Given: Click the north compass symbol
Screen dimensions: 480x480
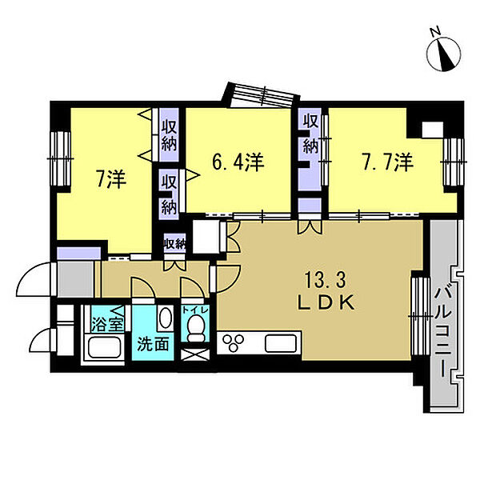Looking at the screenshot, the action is point(443,53).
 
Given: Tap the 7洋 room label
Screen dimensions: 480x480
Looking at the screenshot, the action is point(111,179).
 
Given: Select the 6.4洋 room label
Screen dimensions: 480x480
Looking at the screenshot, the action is point(238,162).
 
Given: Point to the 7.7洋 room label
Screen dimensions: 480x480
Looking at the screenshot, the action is point(387,162).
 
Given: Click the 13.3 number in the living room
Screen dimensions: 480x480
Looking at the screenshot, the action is point(325,280).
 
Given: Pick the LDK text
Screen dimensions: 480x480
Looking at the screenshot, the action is point(326,302).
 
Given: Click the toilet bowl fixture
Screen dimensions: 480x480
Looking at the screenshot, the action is point(194,329).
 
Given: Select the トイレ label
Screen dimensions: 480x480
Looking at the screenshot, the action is point(195,310).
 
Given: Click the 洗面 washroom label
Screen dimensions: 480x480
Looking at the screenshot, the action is point(153,345).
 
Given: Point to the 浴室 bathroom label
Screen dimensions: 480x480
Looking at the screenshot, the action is point(108,324).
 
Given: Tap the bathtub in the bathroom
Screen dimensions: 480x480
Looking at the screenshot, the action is point(104,348).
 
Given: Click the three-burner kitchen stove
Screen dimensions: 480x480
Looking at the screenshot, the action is point(234,342).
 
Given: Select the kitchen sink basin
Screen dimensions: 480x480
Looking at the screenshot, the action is point(281,343).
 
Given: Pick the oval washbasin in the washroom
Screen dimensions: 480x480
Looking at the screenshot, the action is point(166,318).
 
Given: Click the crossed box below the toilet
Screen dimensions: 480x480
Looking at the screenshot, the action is point(195,354).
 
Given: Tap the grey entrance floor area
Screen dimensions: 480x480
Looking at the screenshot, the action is point(76,279).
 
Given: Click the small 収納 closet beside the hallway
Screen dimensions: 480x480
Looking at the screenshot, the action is point(174,243).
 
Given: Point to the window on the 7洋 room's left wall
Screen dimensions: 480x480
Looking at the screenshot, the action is point(60,158).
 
